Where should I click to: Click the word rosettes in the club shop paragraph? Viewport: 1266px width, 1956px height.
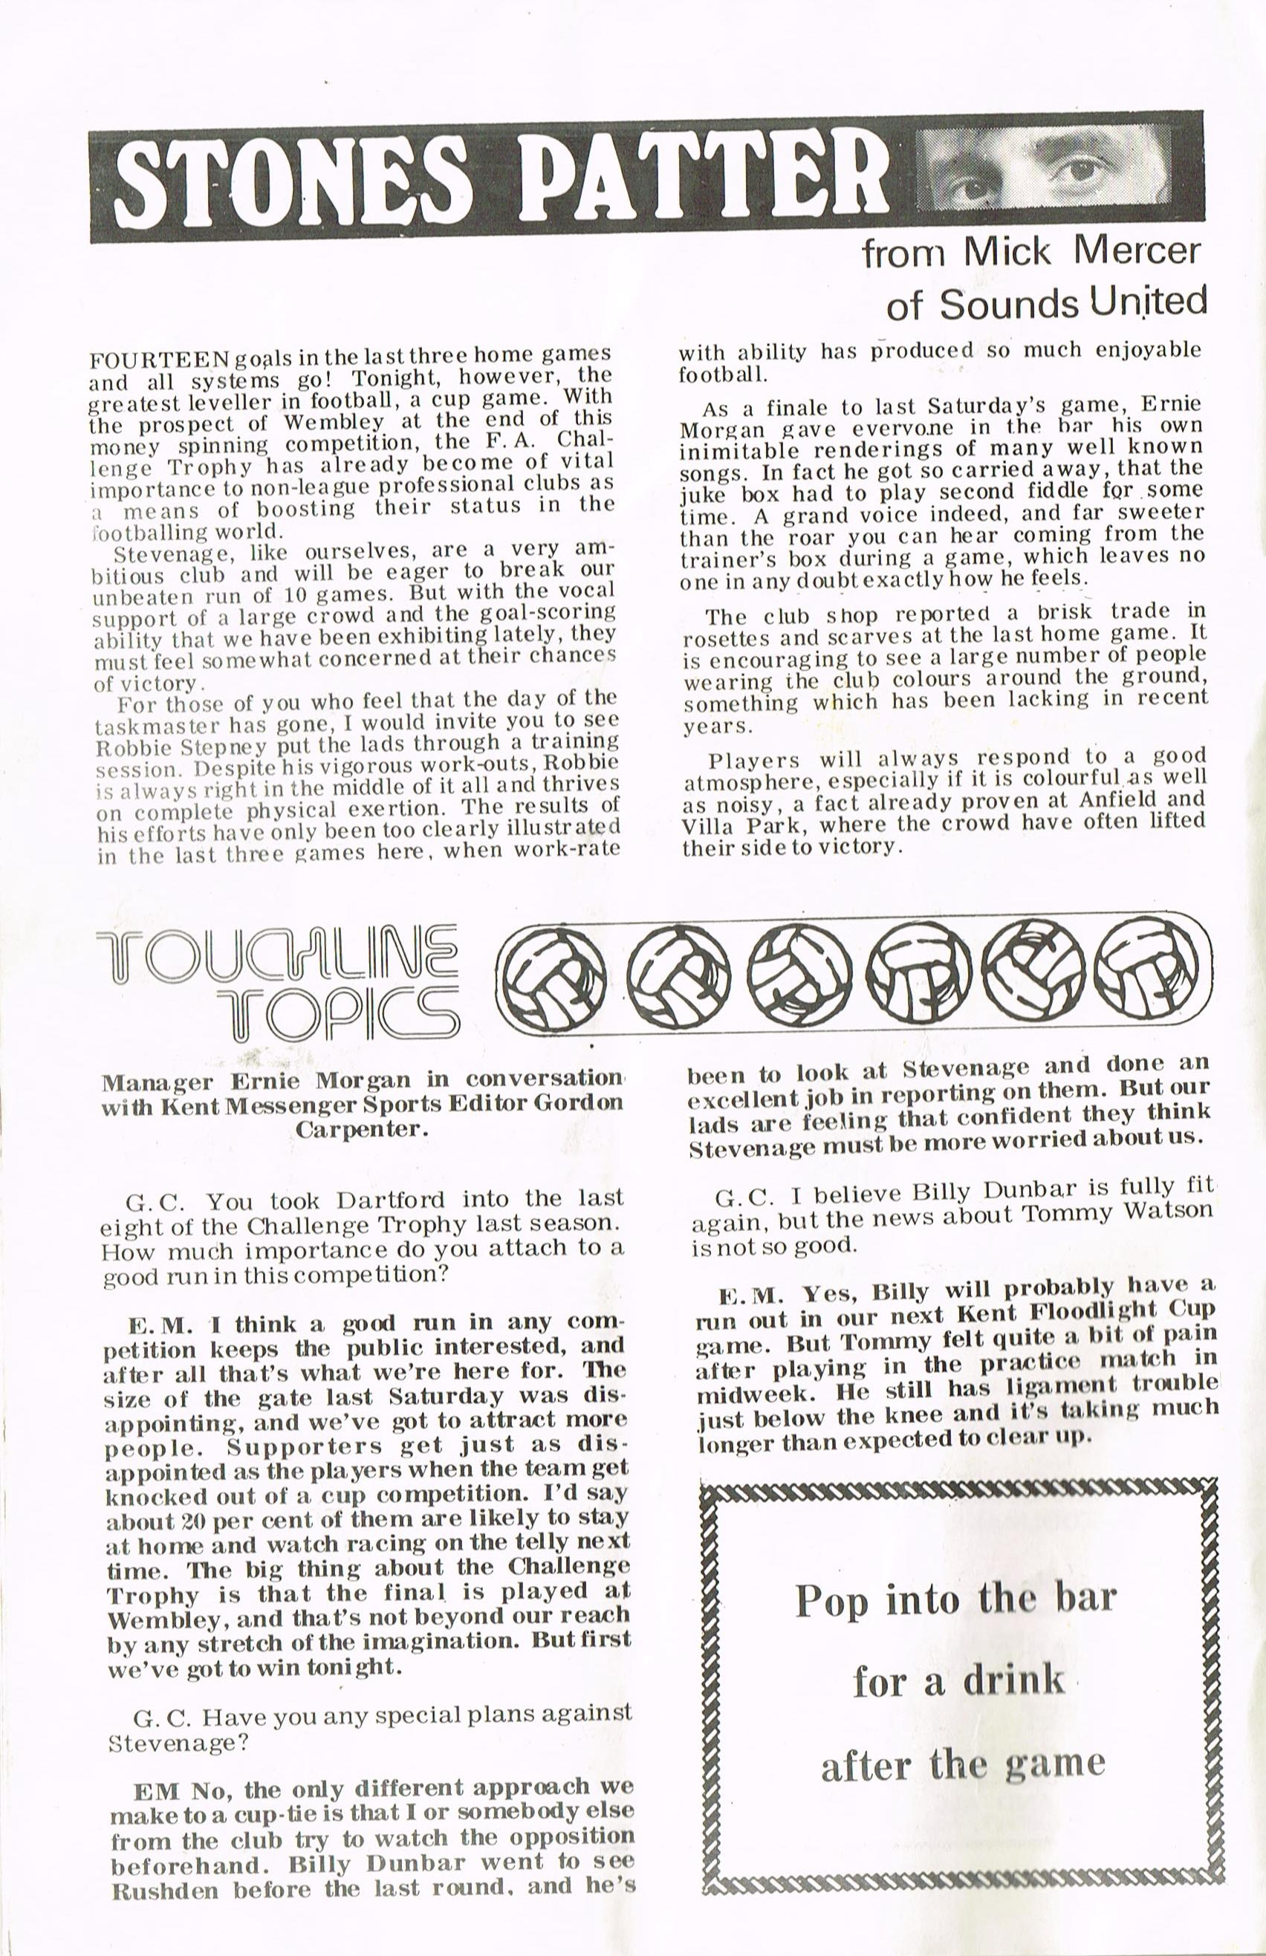point(723,634)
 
